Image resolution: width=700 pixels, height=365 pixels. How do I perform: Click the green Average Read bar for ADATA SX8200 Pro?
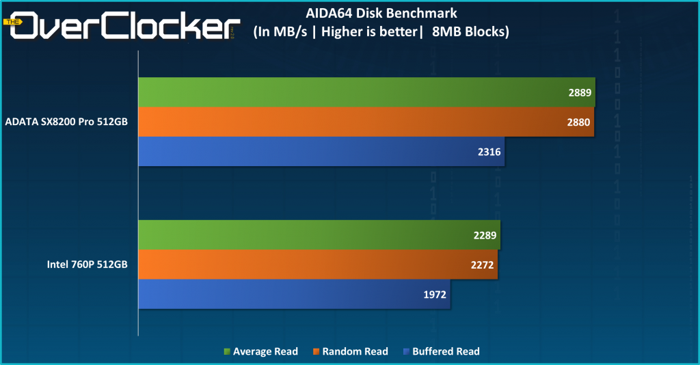[366, 92]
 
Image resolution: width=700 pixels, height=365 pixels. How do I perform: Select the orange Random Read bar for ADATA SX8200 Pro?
[366, 122]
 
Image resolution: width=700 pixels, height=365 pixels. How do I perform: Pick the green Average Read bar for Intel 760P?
[319, 235]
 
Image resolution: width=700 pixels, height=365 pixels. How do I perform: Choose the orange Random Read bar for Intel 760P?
[318, 265]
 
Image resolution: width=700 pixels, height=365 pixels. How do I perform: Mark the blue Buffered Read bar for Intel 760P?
[294, 294]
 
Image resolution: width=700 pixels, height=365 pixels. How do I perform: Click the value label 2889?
[579, 93]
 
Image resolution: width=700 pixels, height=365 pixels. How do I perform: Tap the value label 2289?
[485, 236]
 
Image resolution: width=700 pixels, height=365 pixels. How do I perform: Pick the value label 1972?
[435, 295]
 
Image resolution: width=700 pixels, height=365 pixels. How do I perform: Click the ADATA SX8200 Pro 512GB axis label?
[66, 122]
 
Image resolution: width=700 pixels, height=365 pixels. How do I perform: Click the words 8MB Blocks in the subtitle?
[470, 31]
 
